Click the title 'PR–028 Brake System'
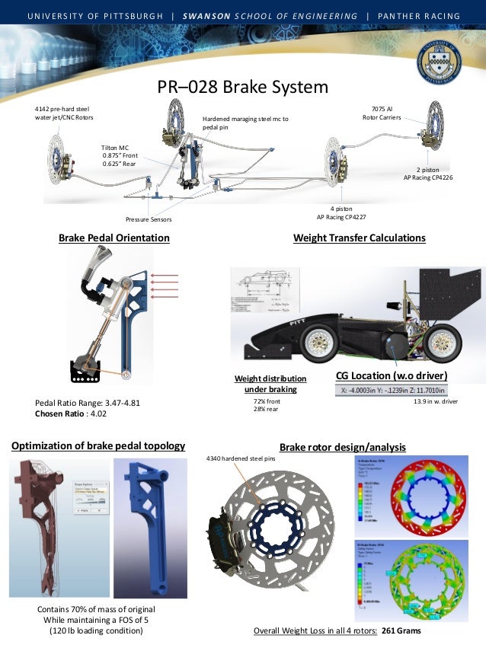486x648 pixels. tap(242, 88)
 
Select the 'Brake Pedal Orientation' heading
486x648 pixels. tap(114, 238)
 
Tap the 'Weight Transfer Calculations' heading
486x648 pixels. tap(359, 238)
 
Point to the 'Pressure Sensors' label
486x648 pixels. tap(149, 220)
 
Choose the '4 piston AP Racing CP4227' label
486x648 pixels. tap(342, 212)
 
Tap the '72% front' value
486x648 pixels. tap(267, 400)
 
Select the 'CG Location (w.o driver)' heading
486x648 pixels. tap(391, 376)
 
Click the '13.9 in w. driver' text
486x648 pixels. tap(435, 400)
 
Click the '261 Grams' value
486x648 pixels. tap(401, 631)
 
